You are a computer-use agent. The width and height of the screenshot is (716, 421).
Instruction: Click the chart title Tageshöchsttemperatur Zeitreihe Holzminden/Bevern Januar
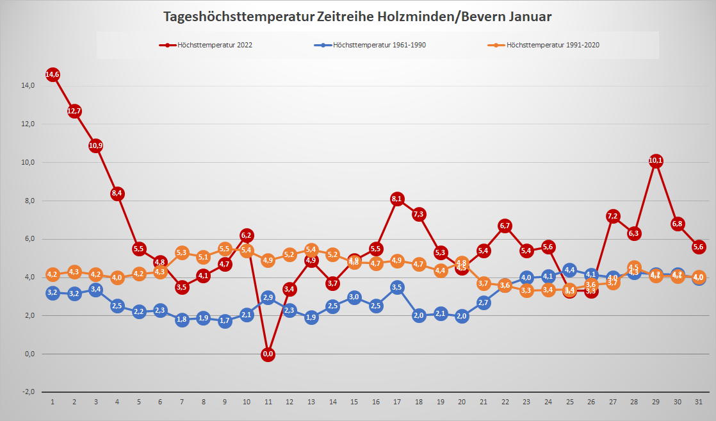357,17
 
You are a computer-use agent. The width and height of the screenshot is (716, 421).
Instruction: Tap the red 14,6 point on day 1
53,74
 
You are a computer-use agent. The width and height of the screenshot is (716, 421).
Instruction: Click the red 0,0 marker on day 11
268,354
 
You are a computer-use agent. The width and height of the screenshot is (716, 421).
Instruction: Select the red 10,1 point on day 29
655,161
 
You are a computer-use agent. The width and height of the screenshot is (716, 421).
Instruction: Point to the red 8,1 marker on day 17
397,199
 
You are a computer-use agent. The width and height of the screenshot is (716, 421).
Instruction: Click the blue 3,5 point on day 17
397,287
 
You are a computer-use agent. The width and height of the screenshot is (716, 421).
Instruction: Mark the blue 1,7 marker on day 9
225,321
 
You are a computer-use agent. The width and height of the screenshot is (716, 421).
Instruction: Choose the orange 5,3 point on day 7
182,252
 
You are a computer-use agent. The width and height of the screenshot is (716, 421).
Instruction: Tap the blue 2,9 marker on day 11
268,298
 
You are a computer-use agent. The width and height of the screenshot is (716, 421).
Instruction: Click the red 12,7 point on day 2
74,111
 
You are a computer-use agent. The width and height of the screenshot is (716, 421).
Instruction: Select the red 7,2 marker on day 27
612,216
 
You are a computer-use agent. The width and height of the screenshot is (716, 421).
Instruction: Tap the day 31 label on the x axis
698,401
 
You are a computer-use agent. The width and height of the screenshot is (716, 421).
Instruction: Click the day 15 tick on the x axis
354,401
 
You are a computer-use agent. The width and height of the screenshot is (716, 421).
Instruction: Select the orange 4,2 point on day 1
53,274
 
